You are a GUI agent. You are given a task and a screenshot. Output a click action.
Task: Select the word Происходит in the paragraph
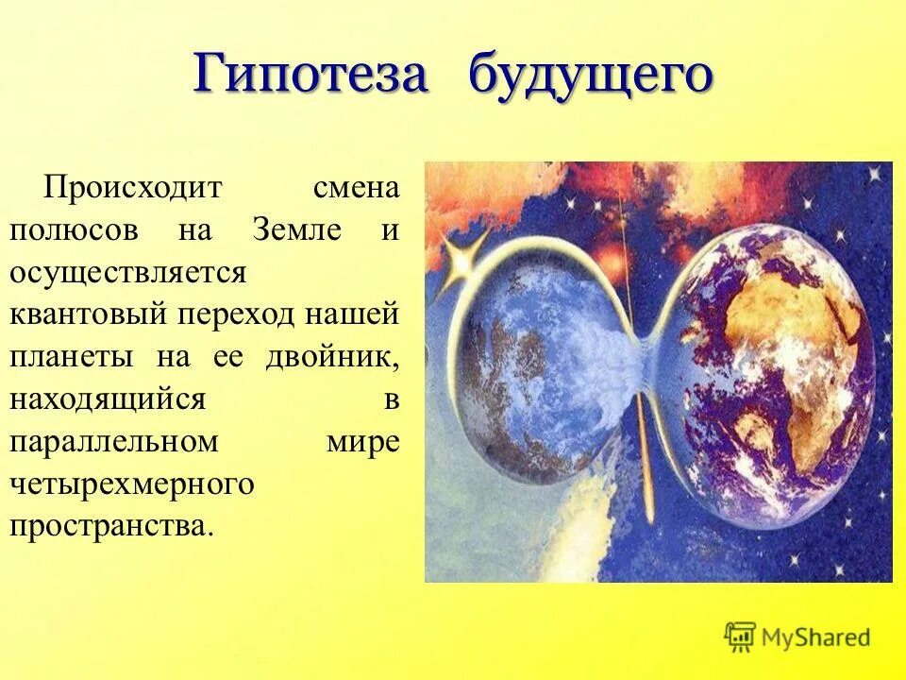point(131,187)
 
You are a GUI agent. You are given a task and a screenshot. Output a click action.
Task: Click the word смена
point(355,187)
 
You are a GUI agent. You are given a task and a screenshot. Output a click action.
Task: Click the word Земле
point(296,229)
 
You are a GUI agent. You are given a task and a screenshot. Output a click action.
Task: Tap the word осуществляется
point(127,272)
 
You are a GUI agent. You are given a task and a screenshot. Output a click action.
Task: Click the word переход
point(233,314)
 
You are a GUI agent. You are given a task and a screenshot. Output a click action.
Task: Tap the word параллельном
point(114,442)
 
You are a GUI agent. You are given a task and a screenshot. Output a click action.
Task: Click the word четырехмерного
point(132,484)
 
